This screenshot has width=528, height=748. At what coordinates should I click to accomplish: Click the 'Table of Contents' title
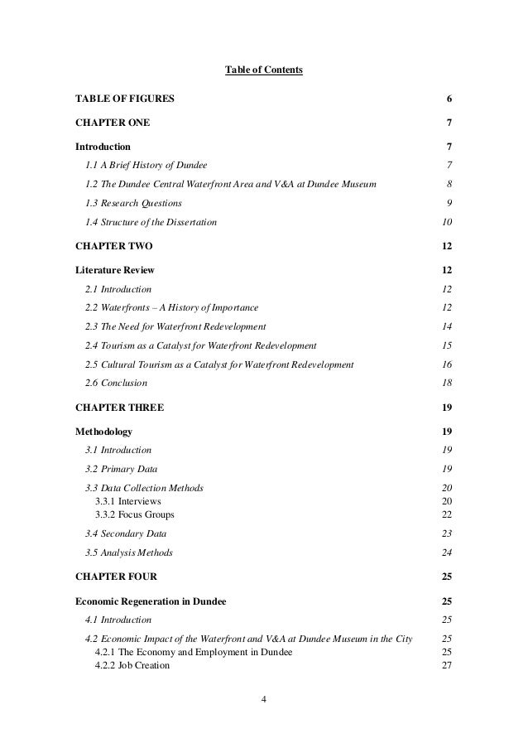(264, 70)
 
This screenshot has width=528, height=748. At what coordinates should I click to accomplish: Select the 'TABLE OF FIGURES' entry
(125, 99)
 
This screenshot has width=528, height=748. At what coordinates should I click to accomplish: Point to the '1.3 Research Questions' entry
(133, 203)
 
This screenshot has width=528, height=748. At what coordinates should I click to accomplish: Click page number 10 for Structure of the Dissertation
(448, 222)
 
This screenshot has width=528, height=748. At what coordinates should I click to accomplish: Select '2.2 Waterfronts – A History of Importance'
(171, 308)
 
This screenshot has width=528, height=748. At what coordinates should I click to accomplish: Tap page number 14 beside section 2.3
(448, 327)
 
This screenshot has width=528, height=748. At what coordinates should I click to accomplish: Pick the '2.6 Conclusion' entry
(116, 384)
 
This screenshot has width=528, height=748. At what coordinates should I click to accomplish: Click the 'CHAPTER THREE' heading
(119, 408)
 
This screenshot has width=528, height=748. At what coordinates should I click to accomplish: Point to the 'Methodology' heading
(103, 432)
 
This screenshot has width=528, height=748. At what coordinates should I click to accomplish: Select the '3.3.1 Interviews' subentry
(128, 502)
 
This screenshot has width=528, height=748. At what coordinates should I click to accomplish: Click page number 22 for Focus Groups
(448, 514)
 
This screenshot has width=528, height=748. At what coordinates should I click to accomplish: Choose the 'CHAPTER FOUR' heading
(115, 576)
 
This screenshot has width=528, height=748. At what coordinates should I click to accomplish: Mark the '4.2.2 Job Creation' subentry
(132, 664)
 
